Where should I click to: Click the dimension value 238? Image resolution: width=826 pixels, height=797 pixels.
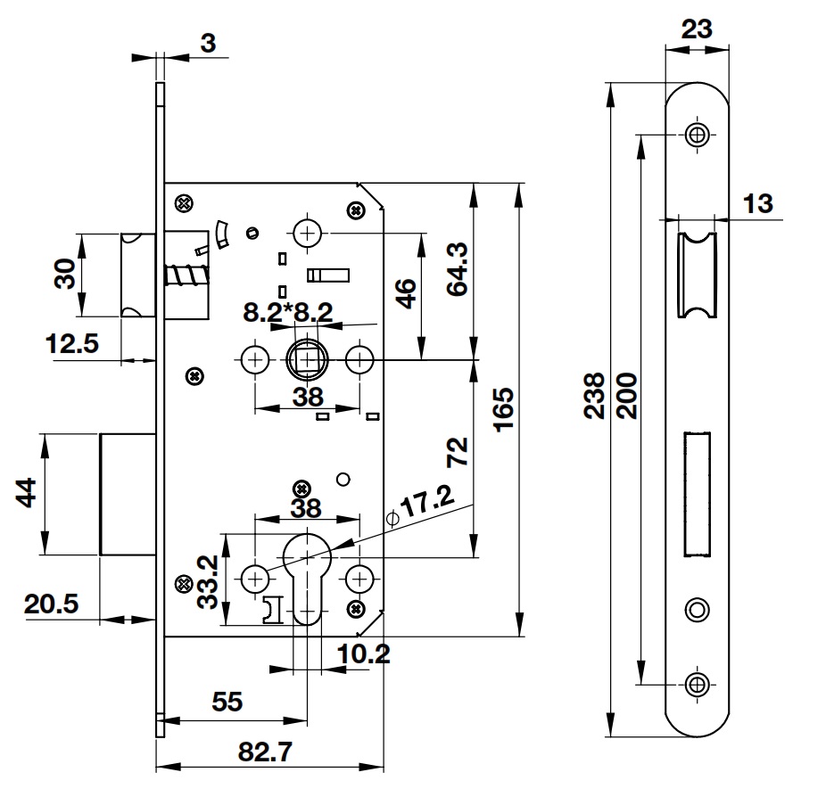tap(596, 396)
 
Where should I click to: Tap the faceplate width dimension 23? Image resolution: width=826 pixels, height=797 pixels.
tap(697, 29)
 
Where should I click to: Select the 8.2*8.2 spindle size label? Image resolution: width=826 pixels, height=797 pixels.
tap(288, 311)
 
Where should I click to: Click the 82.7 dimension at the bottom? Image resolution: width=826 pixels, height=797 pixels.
tap(268, 752)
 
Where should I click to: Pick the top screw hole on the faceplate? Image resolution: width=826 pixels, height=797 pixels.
tap(697, 136)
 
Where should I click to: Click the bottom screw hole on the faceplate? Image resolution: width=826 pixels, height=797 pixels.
tap(697, 684)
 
